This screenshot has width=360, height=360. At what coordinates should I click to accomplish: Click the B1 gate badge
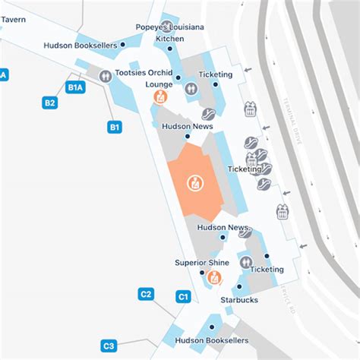(x=115, y=128)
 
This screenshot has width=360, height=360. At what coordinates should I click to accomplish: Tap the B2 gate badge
(x=50, y=103)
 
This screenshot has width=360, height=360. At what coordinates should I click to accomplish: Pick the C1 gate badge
(x=183, y=297)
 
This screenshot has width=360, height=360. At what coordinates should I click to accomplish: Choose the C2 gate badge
(x=147, y=294)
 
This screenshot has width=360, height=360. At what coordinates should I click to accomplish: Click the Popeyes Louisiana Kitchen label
(x=169, y=32)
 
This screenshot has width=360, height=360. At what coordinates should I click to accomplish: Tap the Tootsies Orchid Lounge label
(x=144, y=79)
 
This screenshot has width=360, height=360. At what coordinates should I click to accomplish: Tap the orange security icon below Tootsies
(x=160, y=96)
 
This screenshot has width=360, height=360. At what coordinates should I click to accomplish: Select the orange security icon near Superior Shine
(x=214, y=277)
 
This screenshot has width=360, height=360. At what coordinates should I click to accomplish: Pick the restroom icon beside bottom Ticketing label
(x=245, y=262)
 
